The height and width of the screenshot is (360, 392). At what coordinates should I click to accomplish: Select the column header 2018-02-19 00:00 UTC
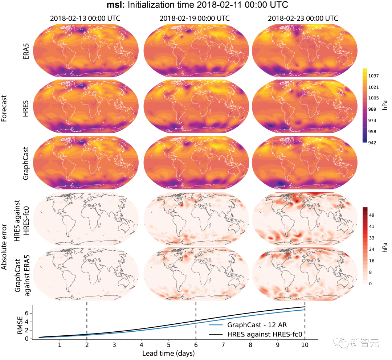click(195, 18)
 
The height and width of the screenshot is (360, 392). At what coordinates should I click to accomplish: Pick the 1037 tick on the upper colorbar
click(373, 76)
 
